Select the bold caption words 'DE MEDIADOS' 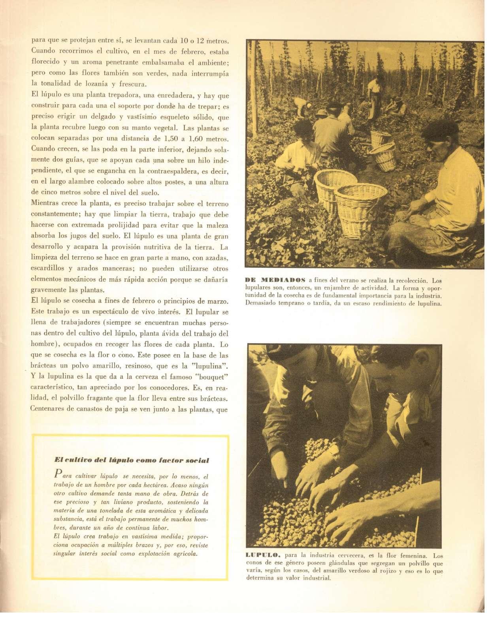click(275, 281)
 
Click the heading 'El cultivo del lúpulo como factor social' click(131, 460)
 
